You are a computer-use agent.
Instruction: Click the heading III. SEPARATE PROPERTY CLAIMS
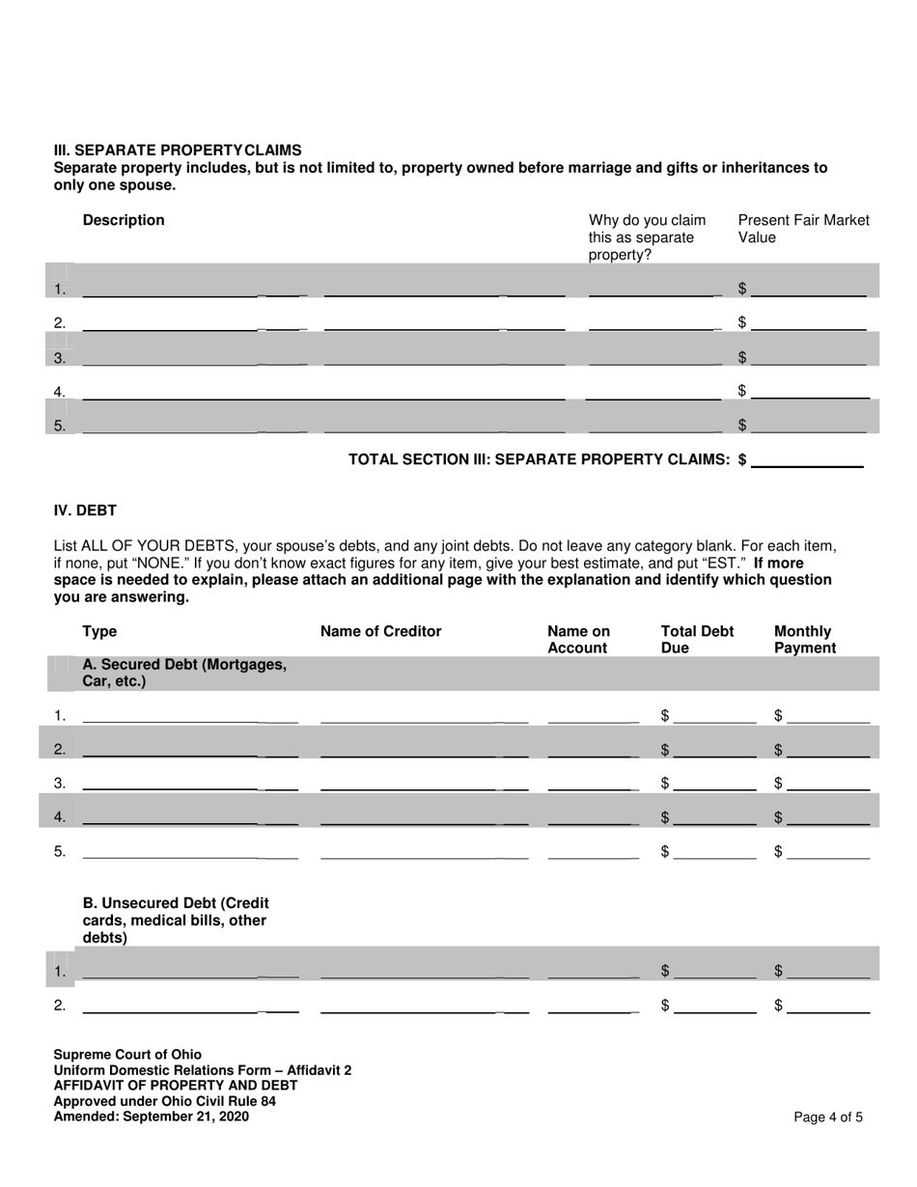coord(178,151)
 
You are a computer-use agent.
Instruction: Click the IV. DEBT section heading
coord(85,510)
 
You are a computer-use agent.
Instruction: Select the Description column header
coord(124,220)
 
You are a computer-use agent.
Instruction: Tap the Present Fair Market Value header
coord(803,229)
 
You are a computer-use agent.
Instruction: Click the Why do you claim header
coord(647,237)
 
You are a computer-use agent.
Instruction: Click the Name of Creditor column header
coord(380,631)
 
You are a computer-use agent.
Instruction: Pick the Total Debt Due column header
coord(697,640)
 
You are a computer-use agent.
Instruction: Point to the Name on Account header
coord(578,640)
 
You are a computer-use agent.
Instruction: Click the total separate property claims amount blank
coord(807,459)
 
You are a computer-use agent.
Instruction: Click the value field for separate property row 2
coord(809,322)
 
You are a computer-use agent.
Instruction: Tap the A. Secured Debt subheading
coord(184,673)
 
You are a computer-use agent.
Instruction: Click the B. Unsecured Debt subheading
coord(176,920)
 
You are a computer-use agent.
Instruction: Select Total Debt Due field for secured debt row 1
coord(715,715)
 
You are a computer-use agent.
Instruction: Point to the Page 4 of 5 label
coord(828,1118)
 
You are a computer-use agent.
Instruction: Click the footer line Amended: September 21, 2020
coord(151,1117)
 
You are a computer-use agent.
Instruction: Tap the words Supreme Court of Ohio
coord(127,1055)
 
